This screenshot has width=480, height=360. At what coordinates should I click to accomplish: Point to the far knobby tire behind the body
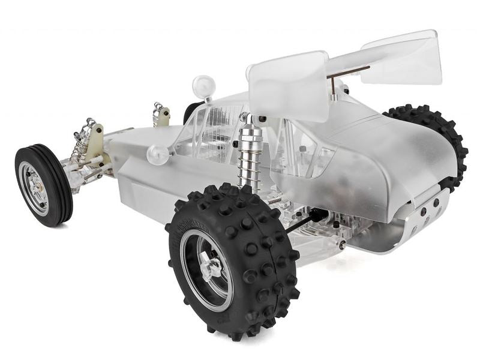click(x=447, y=141)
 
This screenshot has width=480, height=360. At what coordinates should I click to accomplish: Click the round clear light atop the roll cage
click(x=203, y=87)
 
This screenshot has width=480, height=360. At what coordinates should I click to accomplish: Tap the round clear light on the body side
click(x=158, y=154)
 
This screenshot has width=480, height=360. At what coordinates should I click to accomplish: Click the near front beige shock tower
click(x=95, y=144)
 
